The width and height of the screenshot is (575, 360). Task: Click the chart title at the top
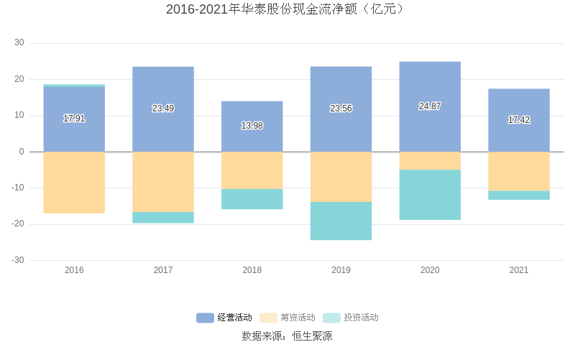coord(287,9)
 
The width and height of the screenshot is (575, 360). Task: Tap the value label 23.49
coord(163,109)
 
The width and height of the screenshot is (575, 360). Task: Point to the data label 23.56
coord(341,109)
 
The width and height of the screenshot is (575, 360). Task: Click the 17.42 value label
coord(518,120)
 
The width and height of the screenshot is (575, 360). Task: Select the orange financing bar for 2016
coord(74,183)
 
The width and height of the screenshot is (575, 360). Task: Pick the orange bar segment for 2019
coord(341,177)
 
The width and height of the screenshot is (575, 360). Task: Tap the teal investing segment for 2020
coord(430,195)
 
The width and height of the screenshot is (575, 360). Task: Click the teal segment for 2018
coord(252,199)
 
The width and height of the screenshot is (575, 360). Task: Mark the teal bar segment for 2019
coord(341,221)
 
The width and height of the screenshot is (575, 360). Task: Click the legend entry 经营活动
coord(224,318)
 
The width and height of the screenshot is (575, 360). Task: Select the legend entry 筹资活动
coord(287,318)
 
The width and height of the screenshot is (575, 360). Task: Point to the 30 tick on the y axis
coord(19,43)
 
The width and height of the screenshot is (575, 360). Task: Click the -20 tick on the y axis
coord(17,224)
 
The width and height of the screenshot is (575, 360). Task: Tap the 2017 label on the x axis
coord(163,270)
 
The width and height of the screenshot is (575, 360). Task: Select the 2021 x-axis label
coord(518,270)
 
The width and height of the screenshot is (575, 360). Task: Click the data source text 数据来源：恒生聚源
coord(287,336)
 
